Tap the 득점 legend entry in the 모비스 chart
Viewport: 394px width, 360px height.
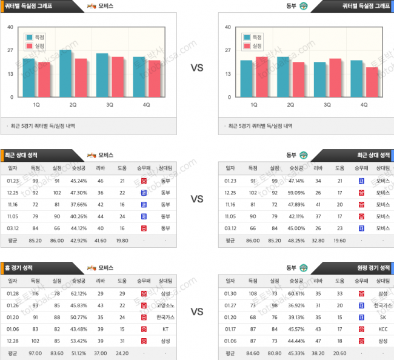coord(37,37)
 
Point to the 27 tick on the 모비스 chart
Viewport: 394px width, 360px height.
coord(10,50)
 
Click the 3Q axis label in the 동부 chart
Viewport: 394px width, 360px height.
coord(327,104)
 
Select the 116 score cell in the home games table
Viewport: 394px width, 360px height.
coord(35,293)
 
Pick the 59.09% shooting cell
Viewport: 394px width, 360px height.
coord(295,192)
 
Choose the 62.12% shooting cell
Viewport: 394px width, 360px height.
coord(78,293)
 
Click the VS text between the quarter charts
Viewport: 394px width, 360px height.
coord(197,68)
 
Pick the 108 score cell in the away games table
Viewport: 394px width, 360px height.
coord(252,293)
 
